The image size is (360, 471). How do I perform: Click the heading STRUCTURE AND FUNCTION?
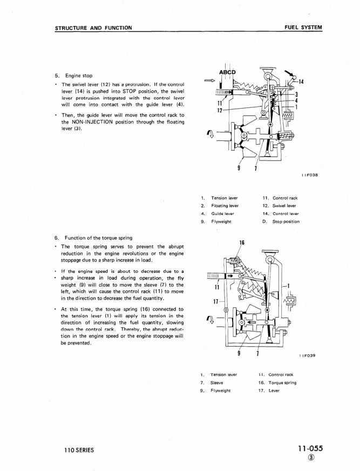93,27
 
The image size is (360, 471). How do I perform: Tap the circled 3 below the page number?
317,460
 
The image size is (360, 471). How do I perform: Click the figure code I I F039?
308,355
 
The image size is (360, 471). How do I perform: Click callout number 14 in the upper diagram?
301,82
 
